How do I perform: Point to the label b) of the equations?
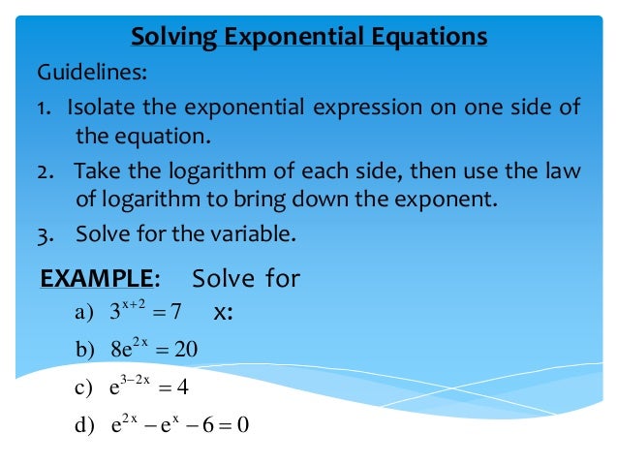(x=86, y=350)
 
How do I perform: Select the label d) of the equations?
(x=86, y=426)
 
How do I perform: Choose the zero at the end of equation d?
(x=244, y=426)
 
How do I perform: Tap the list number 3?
(x=45, y=233)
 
